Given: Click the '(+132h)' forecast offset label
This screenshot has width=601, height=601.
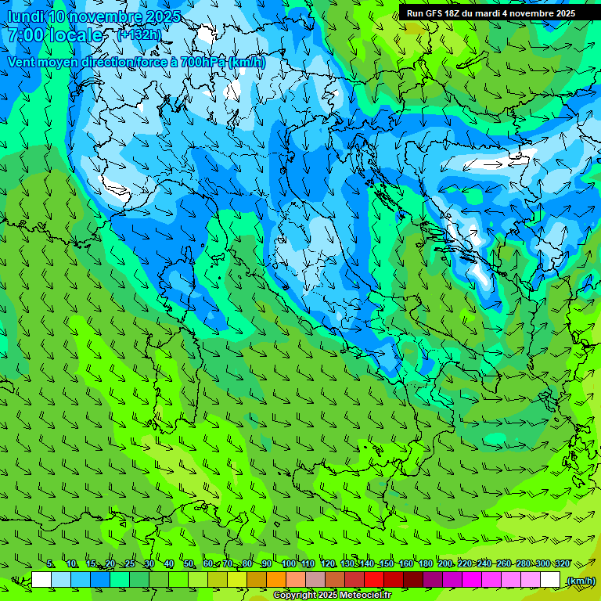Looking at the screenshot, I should tap(140, 35).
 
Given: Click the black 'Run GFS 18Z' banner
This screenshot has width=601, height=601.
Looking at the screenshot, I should tap(491, 13).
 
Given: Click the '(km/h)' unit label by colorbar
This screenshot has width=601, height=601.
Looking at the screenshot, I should tap(580, 581).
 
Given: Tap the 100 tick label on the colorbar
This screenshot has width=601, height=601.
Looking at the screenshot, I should tap(288, 564).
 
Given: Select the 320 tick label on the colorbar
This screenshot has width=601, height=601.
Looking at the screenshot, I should tap(562, 564).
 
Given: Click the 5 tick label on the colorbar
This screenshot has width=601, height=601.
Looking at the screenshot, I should tap(50, 564).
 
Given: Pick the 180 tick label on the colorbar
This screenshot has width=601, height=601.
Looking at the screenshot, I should tap(425, 564).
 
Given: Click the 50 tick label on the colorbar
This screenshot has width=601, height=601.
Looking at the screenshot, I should tap(189, 564).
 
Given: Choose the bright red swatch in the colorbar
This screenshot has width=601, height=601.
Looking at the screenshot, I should tap(374, 580).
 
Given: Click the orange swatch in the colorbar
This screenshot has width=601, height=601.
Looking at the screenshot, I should tap(276, 580).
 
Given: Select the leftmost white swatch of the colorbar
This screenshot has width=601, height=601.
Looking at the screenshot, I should tap(41, 580).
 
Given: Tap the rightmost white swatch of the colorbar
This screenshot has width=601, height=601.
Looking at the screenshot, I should tap(551, 580).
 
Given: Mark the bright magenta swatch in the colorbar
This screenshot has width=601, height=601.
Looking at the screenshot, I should tap(473, 580).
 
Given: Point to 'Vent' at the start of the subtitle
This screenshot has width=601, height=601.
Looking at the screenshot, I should tap(20, 62).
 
